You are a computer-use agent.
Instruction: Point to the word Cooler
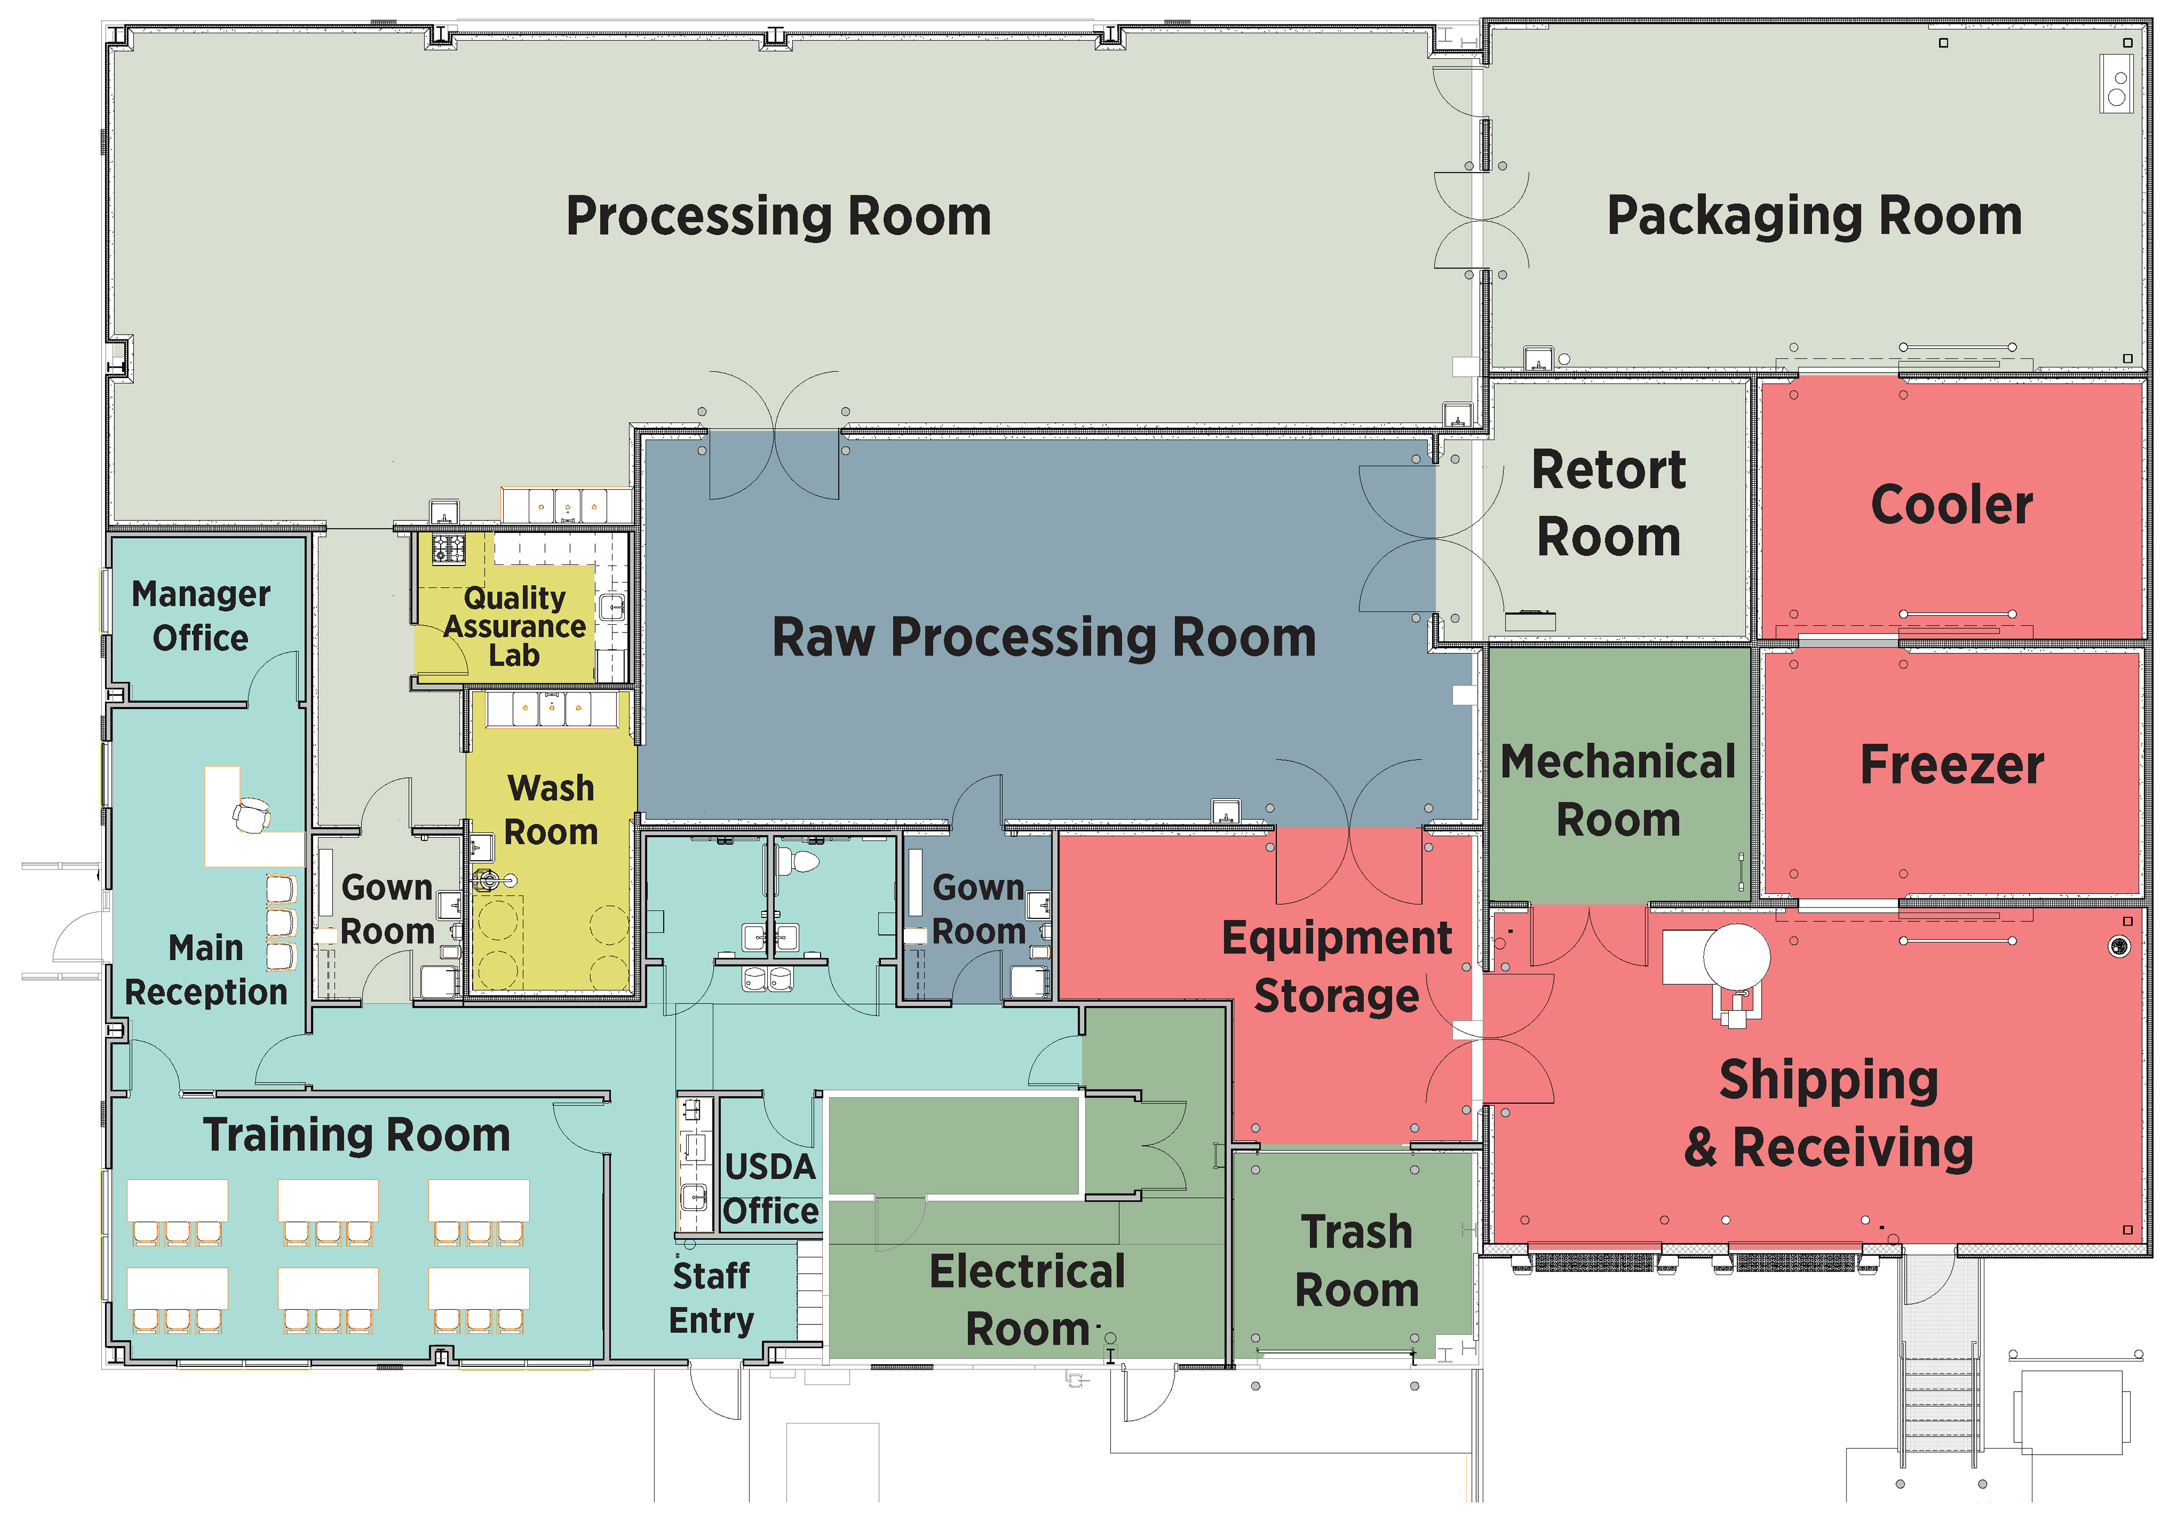pos(1951,505)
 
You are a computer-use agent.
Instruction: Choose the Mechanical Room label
pos(1618,790)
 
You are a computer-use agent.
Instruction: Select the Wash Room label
pos(551,810)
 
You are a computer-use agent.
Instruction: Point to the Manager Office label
pos(201,616)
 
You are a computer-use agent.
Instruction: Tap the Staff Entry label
pos(712,1297)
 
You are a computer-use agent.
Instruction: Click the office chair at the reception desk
pos(252,814)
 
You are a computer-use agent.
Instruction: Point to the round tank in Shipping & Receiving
pos(1736,957)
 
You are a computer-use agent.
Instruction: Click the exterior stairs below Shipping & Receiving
pos(1940,1395)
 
